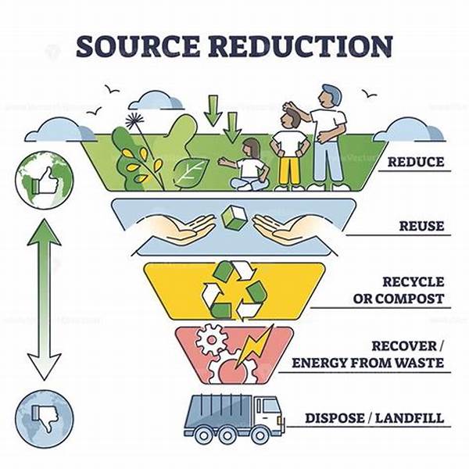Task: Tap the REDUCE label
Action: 414,163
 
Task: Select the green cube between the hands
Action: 234,216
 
